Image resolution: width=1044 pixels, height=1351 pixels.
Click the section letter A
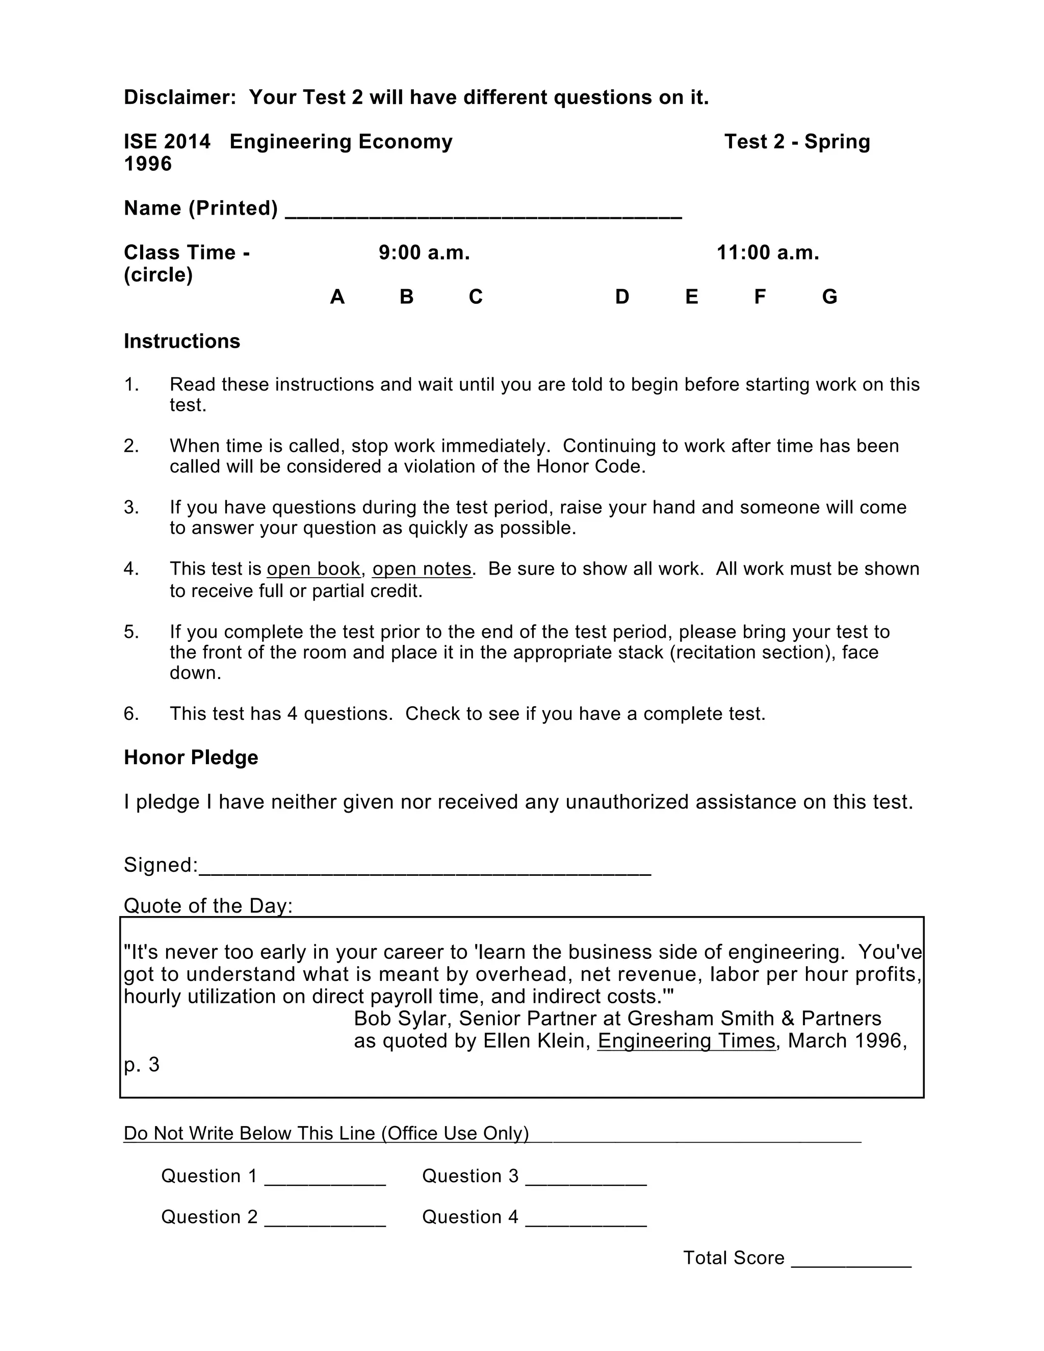pos(337,297)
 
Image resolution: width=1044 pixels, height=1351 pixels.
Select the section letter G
pos(829,297)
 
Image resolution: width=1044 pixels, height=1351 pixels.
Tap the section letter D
pos(622,297)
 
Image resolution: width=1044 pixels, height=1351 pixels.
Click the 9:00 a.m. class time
pos(424,252)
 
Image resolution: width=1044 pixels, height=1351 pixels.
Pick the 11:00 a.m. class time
pos(768,252)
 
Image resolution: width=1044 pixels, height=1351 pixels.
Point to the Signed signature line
pos(425,869)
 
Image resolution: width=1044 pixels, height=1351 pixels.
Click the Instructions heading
pos(182,342)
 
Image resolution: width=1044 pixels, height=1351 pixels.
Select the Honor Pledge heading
pos(191,757)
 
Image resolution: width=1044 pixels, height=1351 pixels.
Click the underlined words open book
pos(314,568)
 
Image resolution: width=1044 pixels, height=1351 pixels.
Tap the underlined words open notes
pos(422,568)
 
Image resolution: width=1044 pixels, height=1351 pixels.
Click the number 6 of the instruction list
pos(130,713)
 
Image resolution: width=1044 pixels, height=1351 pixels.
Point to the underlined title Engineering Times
pos(687,1041)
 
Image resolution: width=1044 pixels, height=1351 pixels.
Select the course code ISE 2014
pos(167,142)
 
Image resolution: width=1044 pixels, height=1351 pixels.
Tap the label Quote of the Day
pos(208,905)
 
